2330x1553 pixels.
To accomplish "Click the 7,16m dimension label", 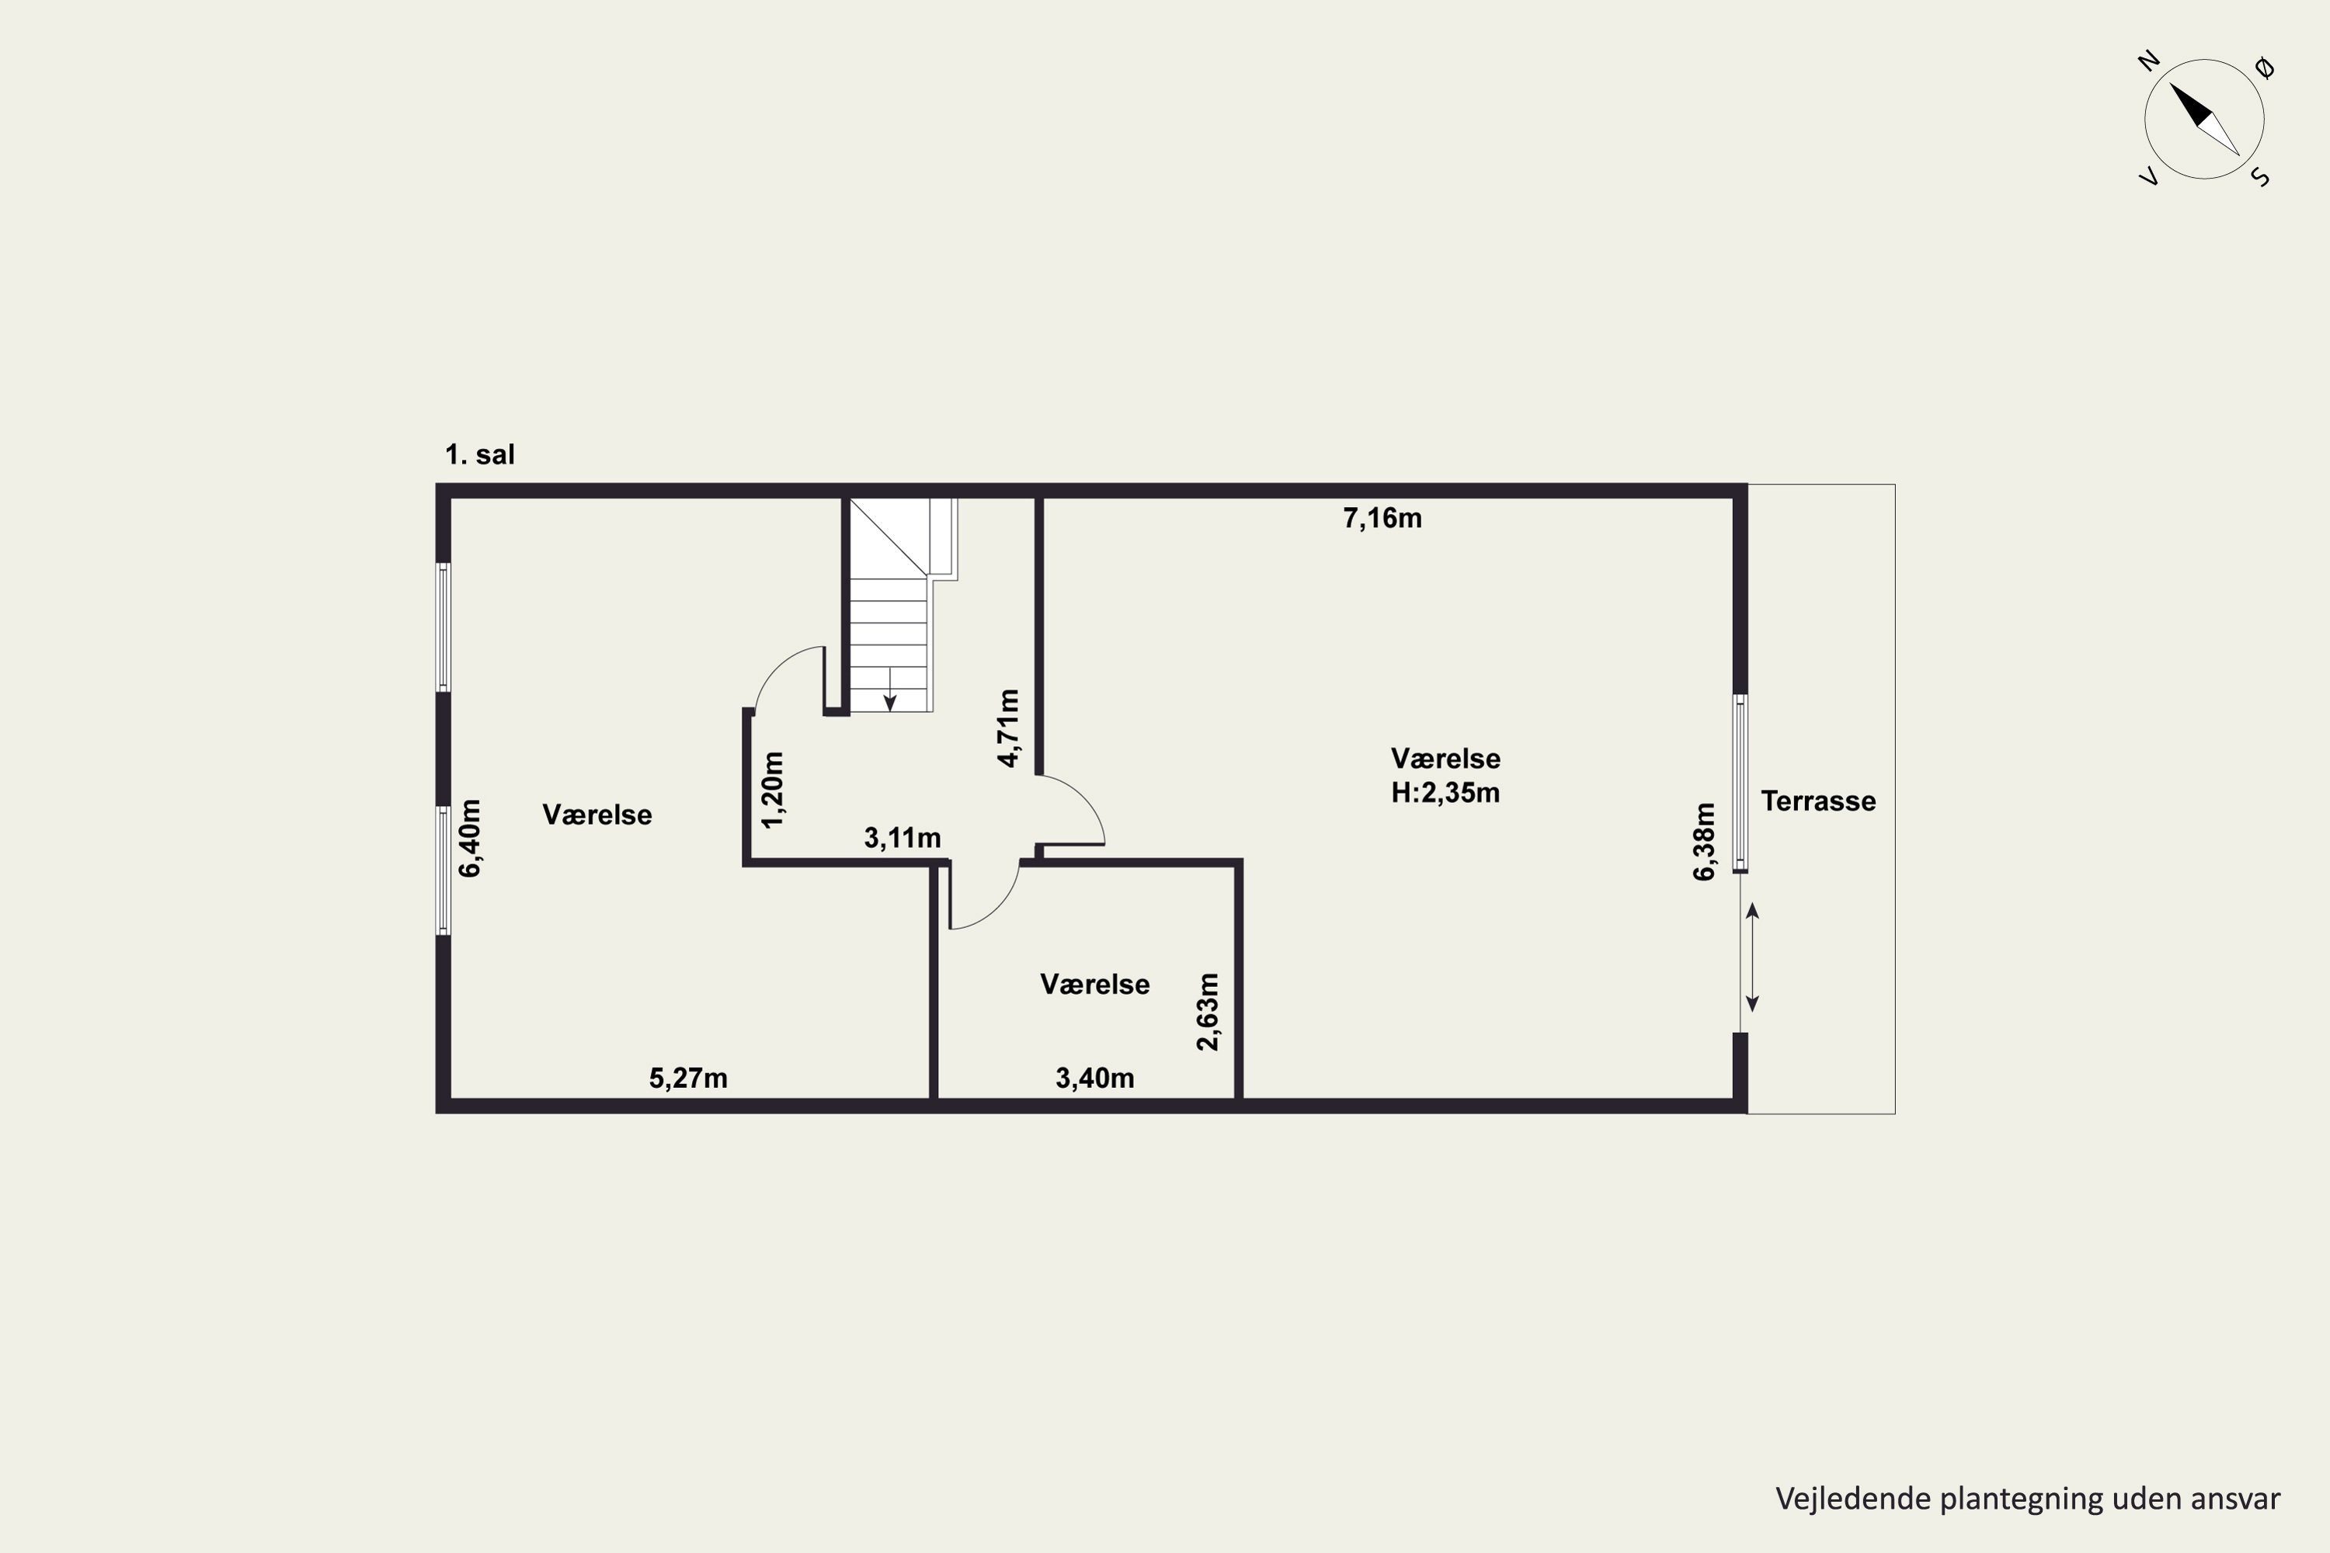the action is point(1382,518).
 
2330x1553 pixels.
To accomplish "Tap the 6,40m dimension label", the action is point(470,838).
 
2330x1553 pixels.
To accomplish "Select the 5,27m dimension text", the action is point(687,1078).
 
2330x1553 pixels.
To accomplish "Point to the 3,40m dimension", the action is point(1094,1078).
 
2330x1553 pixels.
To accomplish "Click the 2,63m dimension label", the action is point(1208,1011).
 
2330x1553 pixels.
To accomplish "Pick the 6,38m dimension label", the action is point(1703,841).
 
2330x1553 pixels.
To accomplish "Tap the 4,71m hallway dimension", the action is point(1007,728).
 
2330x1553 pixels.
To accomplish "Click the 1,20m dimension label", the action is point(773,790).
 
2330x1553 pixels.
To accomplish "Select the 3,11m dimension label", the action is point(902,838).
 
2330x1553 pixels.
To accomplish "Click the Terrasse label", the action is point(1818,801).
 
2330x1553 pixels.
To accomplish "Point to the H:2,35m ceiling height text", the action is point(1445,792).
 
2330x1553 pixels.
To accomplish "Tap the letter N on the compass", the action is point(2149,61).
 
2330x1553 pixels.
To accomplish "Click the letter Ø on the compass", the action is point(2265,68).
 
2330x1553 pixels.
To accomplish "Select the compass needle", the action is point(2204,119).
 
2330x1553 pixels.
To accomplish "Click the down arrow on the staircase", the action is point(889,690).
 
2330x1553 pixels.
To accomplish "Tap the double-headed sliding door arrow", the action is point(1751,957).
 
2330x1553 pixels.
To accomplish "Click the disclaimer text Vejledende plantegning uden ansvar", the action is point(2028,1498).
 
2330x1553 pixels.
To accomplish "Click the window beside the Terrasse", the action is point(1740,783).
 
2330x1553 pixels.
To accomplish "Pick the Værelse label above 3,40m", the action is point(1094,984).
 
